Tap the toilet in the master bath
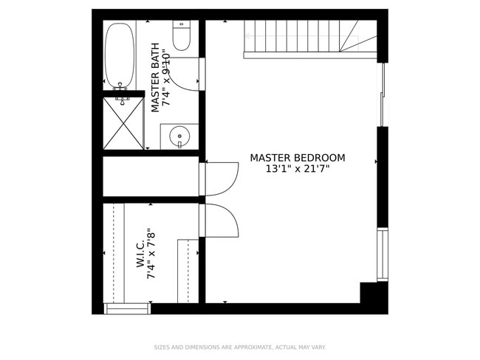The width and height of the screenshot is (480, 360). tap(181, 35)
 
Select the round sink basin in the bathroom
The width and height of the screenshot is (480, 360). tap(179, 136)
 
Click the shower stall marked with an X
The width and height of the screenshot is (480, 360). tap(123, 123)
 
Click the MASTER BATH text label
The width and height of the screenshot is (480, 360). tap(155, 77)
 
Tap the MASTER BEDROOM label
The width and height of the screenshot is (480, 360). tap(297, 158)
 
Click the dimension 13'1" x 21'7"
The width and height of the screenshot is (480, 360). tap(297, 169)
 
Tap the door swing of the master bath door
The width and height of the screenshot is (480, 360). tap(191, 74)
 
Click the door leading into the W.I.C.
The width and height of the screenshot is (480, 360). tap(219, 221)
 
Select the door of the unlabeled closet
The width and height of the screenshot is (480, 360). tap(220, 179)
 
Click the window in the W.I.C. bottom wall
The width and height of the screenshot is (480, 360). tap(127, 308)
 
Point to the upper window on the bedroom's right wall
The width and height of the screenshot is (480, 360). tap(382, 94)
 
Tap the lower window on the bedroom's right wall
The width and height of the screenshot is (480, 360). tap(382, 255)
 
